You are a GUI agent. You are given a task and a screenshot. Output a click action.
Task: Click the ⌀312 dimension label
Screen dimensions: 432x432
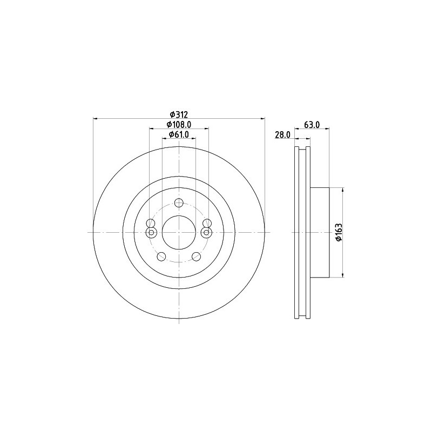click(x=179, y=114)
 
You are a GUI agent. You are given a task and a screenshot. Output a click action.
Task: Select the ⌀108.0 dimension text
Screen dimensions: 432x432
click(x=179, y=125)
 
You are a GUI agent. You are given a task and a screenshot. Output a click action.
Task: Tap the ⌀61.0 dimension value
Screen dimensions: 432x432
click(x=179, y=134)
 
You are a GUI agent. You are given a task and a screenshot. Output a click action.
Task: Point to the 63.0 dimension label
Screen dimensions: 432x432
click(x=312, y=125)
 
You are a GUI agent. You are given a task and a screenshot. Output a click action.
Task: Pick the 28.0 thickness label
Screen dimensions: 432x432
click(x=282, y=134)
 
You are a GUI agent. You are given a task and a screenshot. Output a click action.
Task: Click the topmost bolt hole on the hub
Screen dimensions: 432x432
click(x=179, y=203)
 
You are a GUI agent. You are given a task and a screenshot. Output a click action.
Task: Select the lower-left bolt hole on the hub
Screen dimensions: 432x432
click(x=161, y=256)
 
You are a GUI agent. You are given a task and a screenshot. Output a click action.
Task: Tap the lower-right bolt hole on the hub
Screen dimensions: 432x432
click(x=196, y=256)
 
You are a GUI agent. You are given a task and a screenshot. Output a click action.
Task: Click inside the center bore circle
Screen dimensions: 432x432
click(x=179, y=233)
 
